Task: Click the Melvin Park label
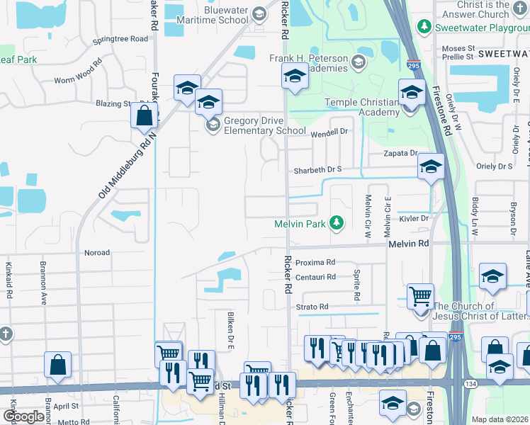[300, 224]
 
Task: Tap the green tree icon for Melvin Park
[337, 224]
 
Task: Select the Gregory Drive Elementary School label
[264, 125]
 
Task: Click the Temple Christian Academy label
[362, 107]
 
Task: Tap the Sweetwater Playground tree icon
[424, 26]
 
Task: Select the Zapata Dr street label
[400, 153]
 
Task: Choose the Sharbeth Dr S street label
[319, 170]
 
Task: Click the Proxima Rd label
[315, 262]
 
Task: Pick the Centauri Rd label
[315, 277]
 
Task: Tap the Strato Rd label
[312, 307]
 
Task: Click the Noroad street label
[97, 253]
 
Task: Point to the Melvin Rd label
[409, 243]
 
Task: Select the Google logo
[23, 416]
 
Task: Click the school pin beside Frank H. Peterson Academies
[295, 76]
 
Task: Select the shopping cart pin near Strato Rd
[420, 295]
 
